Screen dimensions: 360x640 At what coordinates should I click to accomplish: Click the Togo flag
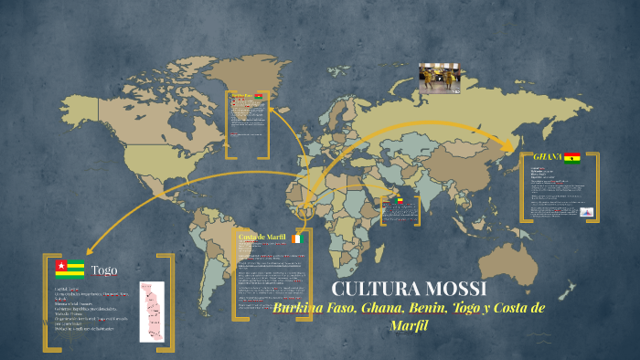coord(69,268)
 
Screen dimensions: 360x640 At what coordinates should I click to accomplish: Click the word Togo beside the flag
coord(104,270)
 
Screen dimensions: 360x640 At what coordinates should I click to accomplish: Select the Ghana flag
coord(572,157)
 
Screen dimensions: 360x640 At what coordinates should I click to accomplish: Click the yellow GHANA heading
coord(547,157)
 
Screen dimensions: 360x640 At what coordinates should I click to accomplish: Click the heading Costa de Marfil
coord(262,238)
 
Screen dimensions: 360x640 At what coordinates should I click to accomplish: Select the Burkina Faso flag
coord(260,96)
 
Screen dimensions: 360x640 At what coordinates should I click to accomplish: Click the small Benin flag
coord(398,200)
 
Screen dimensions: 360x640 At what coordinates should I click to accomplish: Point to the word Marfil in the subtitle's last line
coord(410,325)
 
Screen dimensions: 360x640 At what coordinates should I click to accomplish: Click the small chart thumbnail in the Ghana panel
coord(587,212)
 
